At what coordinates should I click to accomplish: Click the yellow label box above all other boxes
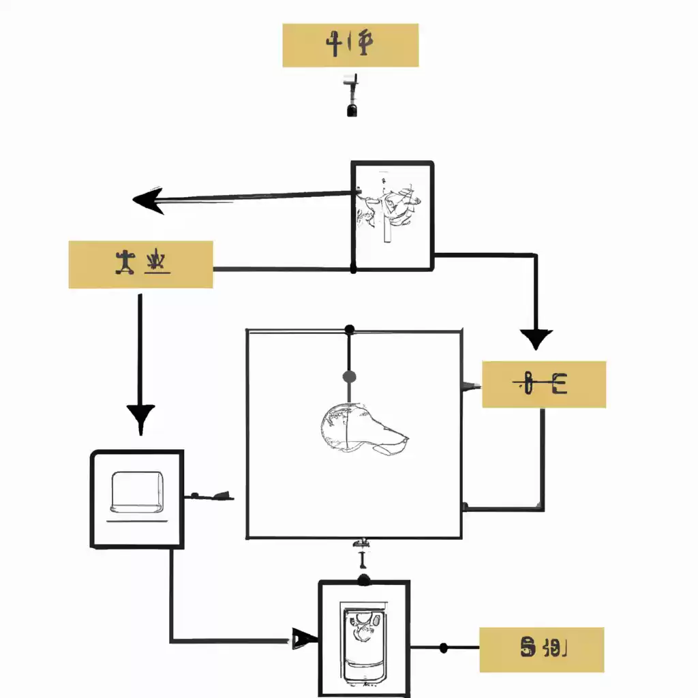tap(350, 45)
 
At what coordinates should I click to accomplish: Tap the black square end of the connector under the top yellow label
tap(352, 110)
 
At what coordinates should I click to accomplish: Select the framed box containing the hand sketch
tap(392, 215)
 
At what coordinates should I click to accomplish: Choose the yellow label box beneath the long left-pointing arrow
tap(140, 264)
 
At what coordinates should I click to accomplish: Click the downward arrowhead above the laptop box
tap(140, 417)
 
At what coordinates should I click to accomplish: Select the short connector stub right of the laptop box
tap(211, 496)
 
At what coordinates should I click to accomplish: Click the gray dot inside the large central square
tap(349, 376)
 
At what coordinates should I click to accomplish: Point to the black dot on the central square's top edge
tap(349, 330)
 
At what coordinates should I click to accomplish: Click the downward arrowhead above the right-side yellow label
tap(536, 338)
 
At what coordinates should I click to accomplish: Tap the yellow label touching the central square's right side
tap(543, 384)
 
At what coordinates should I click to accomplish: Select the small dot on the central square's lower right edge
tap(465, 506)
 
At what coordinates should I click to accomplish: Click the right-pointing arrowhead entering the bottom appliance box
tap(305, 639)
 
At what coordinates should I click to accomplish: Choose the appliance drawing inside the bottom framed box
tap(365, 643)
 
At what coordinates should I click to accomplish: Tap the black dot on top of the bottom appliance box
tap(364, 579)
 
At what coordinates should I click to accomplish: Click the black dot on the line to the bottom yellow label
tap(444, 648)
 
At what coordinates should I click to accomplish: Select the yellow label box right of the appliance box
tap(541, 650)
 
